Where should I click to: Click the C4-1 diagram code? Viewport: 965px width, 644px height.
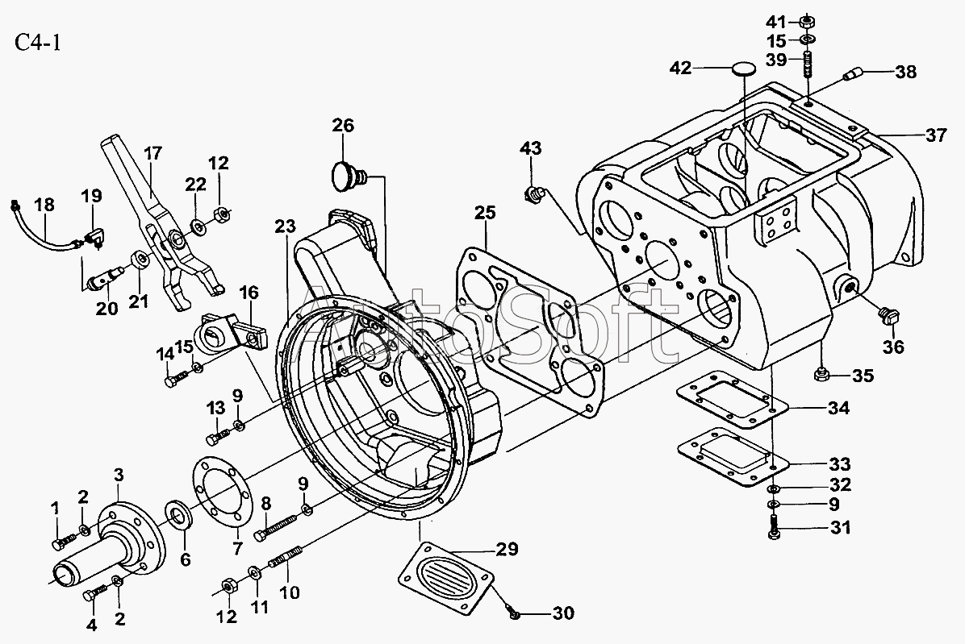[38, 43]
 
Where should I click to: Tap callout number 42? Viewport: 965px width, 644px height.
[681, 68]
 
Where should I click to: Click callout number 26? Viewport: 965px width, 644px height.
[344, 126]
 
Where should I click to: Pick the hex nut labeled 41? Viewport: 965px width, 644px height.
[808, 22]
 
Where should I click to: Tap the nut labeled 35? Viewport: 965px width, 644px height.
[821, 374]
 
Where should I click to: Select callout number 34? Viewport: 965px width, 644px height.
[839, 407]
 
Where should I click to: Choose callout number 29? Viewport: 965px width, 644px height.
[507, 549]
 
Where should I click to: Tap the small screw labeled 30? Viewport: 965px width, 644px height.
[512, 610]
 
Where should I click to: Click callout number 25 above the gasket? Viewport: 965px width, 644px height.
[484, 213]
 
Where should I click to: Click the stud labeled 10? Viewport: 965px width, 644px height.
[284, 557]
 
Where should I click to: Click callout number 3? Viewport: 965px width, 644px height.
[119, 475]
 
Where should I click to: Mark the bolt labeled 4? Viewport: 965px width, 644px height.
[95, 592]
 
